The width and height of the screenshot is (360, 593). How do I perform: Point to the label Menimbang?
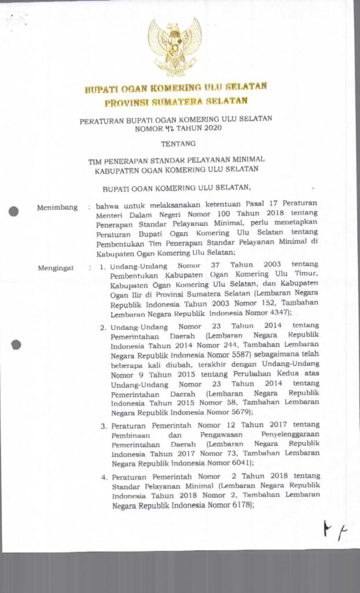point(57,207)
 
